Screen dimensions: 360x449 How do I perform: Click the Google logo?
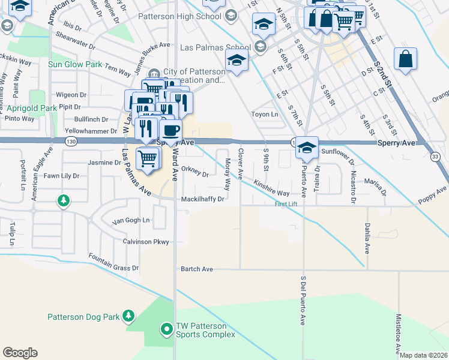coord(20,353)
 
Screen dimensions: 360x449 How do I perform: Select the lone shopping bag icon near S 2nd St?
coord(405,59)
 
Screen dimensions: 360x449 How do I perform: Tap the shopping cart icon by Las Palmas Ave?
coord(148,158)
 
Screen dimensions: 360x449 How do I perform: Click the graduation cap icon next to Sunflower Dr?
coord(306,148)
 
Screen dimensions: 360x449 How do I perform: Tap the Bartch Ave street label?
coord(197,269)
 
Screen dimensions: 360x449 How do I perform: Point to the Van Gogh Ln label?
coord(131,220)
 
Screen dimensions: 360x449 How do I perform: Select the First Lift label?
coord(286,205)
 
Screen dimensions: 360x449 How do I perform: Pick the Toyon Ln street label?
coord(265,114)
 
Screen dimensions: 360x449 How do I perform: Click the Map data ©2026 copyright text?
coord(424,355)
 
